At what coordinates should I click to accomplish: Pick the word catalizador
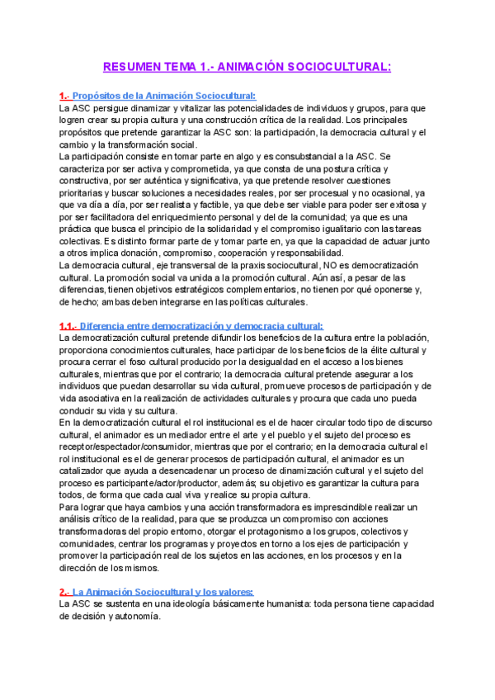click(x=88, y=471)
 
